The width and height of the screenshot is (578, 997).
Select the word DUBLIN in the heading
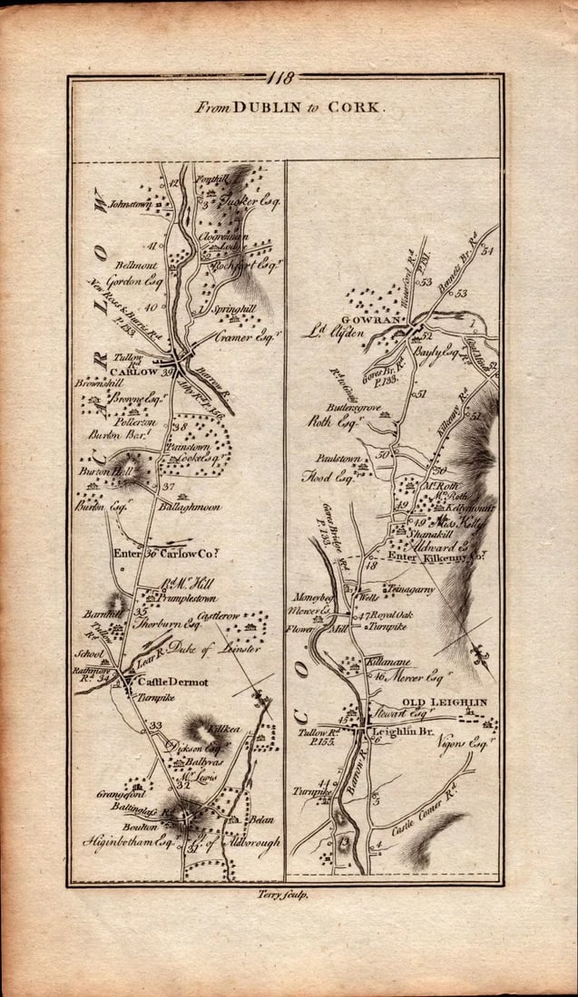(x=262, y=106)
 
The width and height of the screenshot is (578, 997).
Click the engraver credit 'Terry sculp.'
(x=284, y=894)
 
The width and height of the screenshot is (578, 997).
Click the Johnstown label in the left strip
(x=132, y=205)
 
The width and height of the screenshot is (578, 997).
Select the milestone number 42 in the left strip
(x=174, y=183)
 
